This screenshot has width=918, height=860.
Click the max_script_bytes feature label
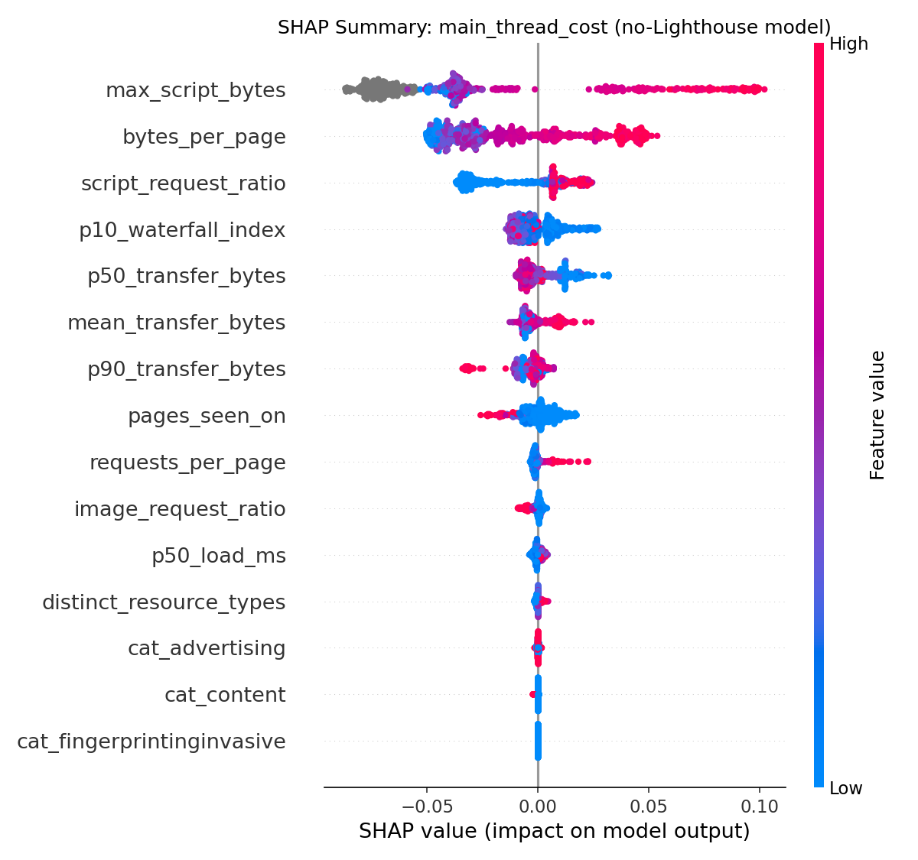pos(195,91)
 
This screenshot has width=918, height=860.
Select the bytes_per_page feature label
pos(203,138)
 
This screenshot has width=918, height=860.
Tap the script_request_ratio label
pos(183,184)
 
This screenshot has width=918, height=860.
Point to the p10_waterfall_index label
pos(182,230)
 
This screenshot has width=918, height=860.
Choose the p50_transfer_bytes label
pos(186,277)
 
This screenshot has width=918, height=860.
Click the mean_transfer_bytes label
pos(176,323)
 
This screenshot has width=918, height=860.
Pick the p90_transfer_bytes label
pos(186,370)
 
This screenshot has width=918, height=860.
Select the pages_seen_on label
pos(207,417)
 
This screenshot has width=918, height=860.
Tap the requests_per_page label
pos(187,463)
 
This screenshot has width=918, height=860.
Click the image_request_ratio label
pos(180,509)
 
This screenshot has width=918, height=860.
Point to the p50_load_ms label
pos(218,556)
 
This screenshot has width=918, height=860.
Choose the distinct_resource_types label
pos(164,602)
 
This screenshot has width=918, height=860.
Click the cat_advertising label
pos(207,649)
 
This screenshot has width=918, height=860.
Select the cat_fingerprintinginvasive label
pos(151,742)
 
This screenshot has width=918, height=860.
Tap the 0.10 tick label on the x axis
pos(760,806)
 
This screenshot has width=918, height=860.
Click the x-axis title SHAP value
pos(554,832)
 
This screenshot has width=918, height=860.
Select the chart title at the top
pos(554,28)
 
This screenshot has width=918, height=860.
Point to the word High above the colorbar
pos(848,44)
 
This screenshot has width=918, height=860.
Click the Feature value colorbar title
pos(877,415)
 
